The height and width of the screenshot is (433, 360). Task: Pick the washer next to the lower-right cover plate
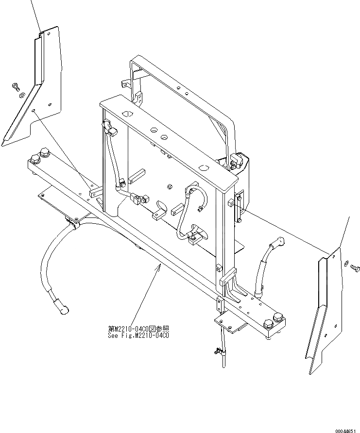(346, 263)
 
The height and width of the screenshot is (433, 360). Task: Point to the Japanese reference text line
(140, 329)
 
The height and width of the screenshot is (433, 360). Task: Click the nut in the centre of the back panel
(170, 186)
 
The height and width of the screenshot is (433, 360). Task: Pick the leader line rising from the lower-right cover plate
(344, 233)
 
